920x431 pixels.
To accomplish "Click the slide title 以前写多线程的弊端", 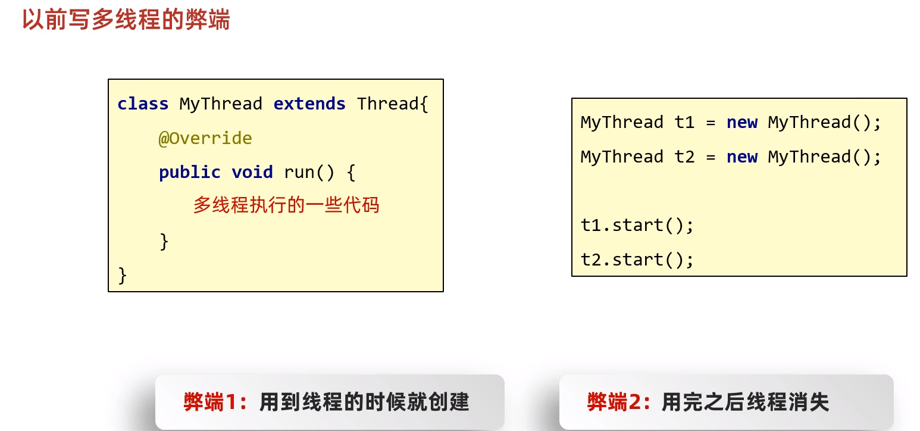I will [x=126, y=20].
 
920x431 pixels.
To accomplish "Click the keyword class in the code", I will [x=143, y=104].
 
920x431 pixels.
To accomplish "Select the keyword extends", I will [x=309, y=104].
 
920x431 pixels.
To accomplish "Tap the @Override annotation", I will [x=205, y=138].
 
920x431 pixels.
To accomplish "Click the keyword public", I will [x=190, y=172].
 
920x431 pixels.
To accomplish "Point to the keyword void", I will [x=252, y=172].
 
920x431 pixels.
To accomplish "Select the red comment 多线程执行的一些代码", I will [x=286, y=205].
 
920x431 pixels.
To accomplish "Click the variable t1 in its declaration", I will [x=684, y=122].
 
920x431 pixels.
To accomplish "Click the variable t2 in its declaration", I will [x=684, y=157].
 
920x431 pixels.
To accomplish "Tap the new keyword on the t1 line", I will [x=741, y=122].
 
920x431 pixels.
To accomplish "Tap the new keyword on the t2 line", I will [x=741, y=157].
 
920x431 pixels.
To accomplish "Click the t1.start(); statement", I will [x=637, y=225].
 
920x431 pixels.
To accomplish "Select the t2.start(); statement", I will [x=637, y=260].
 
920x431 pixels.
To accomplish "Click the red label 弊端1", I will [x=213, y=402].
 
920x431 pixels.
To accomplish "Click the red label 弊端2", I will [x=617, y=402].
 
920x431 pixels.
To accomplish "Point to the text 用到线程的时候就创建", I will [x=364, y=402].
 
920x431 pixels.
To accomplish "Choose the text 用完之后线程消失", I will [x=745, y=402].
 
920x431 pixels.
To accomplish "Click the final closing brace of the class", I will [x=123, y=275].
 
